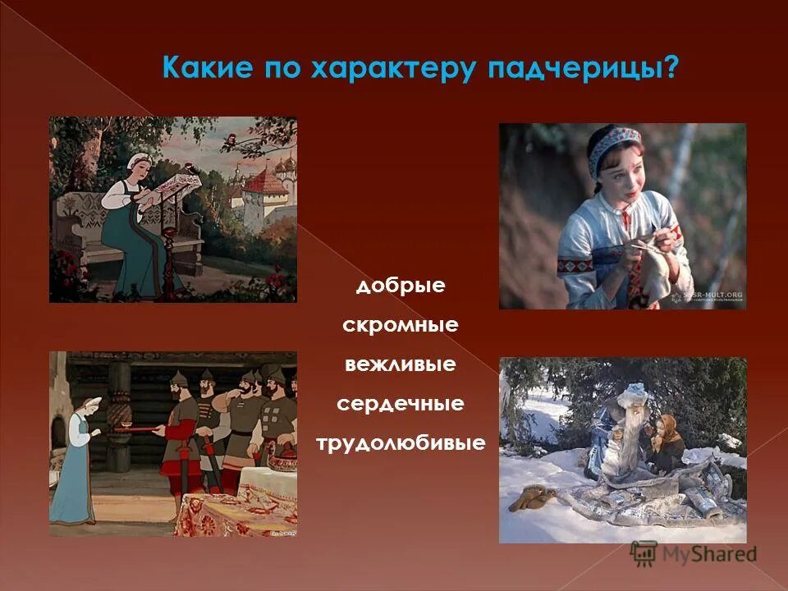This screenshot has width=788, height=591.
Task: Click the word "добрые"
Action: coord(401,286)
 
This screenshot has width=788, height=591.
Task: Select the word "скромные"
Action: coord(400,326)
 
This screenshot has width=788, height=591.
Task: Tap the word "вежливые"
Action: coord(400,364)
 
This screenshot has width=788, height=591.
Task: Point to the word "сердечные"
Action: coord(400,404)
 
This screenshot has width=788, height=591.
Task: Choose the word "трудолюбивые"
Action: coord(400,444)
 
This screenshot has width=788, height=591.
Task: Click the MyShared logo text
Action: coord(709,554)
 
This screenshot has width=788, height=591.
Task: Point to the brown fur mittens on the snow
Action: coord(529,497)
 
